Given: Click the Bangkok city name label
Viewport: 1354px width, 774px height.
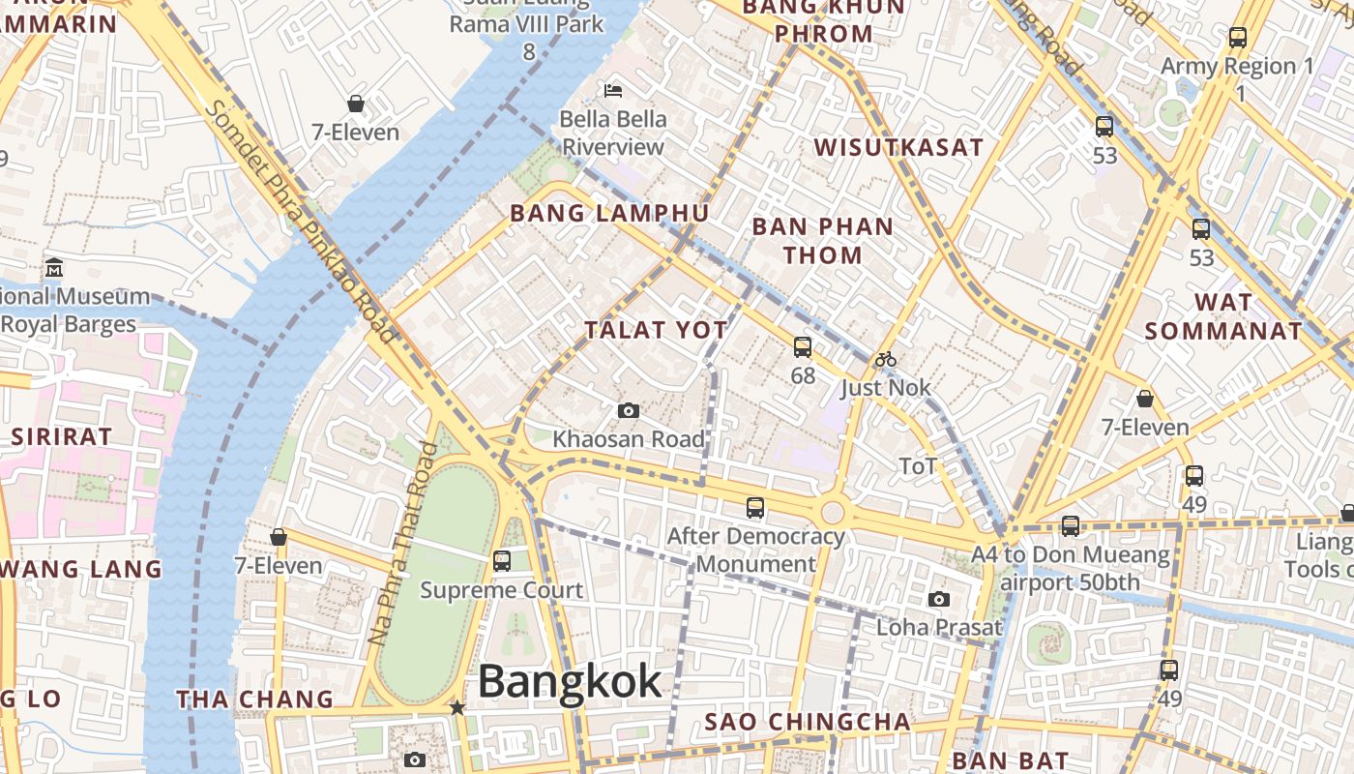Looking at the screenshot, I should click(570, 682).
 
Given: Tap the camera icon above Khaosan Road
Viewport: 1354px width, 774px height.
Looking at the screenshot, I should click(629, 410).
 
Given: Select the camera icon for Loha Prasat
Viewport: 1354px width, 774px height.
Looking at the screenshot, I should click(938, 599).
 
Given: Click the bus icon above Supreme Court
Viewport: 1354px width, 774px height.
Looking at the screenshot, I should click(501, 560).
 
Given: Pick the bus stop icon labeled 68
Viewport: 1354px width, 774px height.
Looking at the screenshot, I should click(802, 346).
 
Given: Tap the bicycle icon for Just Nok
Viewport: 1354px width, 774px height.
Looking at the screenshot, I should click(885, 359).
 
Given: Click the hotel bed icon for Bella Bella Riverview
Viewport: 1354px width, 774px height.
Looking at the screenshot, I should click(613, 91).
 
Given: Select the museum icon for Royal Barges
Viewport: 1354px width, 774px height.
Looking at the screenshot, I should click(54, 267).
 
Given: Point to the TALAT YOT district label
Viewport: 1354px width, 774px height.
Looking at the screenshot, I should click(656, 330).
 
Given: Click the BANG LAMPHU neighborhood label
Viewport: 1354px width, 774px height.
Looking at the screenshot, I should click(609, 213).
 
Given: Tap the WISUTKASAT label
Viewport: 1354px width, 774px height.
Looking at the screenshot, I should click(898, 148).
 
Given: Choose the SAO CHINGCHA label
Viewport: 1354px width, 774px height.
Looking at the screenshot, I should click(808, 722).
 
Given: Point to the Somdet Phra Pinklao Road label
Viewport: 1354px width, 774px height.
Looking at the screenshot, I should click(299, 222).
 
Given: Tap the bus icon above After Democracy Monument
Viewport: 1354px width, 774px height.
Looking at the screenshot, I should click(755, 507).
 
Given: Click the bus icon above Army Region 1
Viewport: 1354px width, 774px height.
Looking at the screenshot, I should click(1237, 38).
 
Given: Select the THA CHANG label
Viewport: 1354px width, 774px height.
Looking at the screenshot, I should click(254, 699).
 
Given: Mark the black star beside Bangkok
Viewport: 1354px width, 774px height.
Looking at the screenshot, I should click(457, 708).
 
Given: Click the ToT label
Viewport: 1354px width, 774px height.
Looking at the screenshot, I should click(918, 466).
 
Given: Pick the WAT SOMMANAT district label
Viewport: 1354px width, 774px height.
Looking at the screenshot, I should click(1223, 316).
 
